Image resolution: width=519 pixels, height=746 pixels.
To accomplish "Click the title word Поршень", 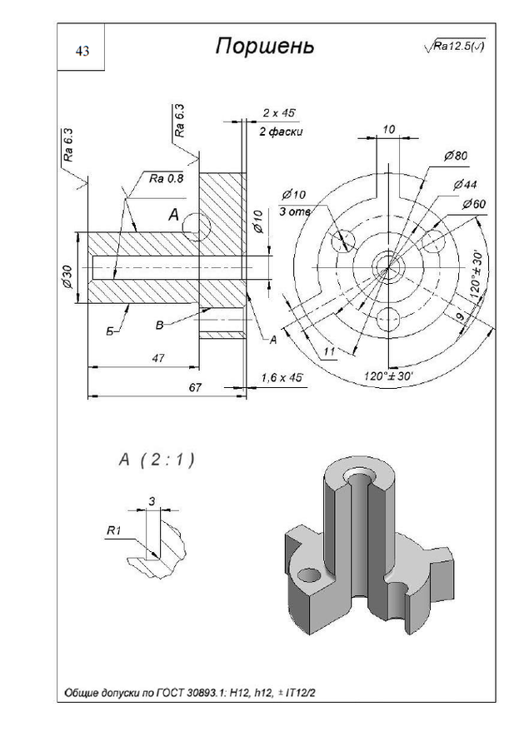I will pyautogui.click(x=265, y=46).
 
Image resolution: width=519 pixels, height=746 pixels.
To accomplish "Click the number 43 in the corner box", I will pyautogui.click(x=82, y=52).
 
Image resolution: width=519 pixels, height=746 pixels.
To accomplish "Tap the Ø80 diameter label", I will pyautogui.click(x=456, y=156).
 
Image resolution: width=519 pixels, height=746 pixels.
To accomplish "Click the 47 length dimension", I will pyautogui.click(x=157, y=358).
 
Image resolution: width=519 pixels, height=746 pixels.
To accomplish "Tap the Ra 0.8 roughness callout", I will pyautogui.click(x=166, y=178).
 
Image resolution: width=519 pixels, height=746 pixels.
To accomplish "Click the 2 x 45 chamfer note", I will pyautogui.click(x=279, y=112).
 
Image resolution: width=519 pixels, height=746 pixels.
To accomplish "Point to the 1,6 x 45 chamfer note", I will pyautogui.click(x=281, y=378).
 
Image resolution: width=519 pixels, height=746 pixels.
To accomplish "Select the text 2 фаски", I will pyautogui.click(x=280, y=132).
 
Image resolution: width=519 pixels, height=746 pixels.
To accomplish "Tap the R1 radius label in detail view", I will pyautogui.click(x=114, y=531).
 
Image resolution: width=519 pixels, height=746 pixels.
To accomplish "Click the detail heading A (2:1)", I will pyautogui.click(x=157, y=459).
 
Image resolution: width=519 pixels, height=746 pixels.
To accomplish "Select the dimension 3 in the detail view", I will pyautogui.click(x=151, y=500).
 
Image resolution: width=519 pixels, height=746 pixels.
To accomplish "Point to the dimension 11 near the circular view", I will pyautogui.click(x=329, y=352).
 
